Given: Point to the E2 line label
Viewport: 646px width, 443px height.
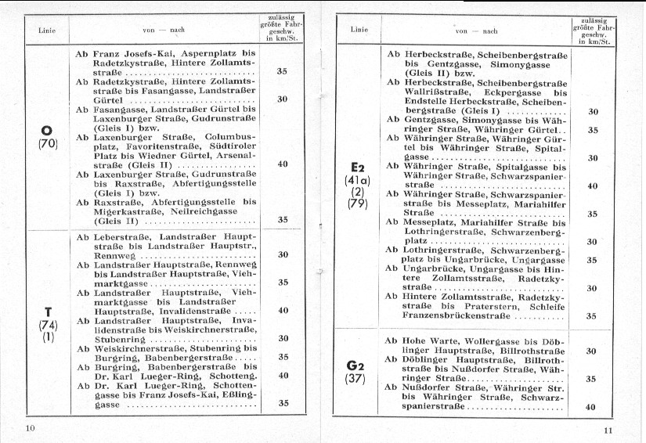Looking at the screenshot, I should (358, 167).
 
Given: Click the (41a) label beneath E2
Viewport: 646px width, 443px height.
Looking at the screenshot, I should (358, 181).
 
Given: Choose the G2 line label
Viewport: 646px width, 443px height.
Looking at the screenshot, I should (356, 366).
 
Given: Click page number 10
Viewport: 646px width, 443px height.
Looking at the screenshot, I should (31, 427).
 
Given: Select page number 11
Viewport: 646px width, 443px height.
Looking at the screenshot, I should (609, 430).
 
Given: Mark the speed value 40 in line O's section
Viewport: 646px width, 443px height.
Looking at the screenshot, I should (283, 164).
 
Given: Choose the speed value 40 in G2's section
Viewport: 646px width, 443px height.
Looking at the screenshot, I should (592, 407).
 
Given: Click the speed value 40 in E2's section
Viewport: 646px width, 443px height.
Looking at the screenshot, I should (592, 186).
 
